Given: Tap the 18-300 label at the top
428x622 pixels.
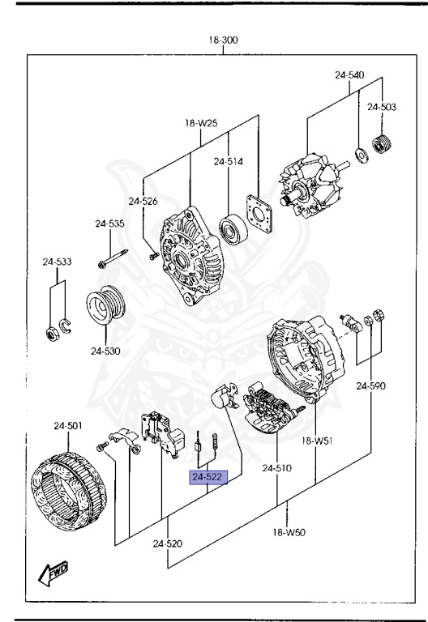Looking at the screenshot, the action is coord(224,40).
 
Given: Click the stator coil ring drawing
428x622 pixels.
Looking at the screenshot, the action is coord(68,484).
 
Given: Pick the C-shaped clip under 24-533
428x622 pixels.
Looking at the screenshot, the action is coord(65,326).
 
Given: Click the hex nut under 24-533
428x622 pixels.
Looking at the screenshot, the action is coord(52,334).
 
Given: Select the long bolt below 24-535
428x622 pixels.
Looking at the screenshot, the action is coord(113,258).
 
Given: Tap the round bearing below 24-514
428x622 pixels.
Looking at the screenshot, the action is coord(233,229).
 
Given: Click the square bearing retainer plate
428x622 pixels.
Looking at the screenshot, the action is coord(259,213).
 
